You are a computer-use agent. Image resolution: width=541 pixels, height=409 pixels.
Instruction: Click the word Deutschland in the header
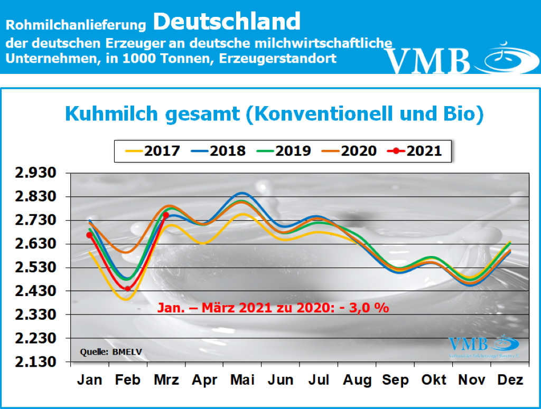pyautogui.click(x=228, y=22)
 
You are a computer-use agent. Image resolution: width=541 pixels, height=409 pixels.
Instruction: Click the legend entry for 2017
pyautogui.click(x=154, y=151)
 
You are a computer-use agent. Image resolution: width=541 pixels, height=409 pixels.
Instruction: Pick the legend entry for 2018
pyautogui.click(x=219, y=151)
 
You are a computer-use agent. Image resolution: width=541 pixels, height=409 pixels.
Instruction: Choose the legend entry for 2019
pyautogui.click(x=285, y=151)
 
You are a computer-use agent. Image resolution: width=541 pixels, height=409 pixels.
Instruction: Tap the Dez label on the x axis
pyautogui.click(x=511, y=380)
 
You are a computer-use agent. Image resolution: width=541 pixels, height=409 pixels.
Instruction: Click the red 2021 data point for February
pyautogui.click(x=127, y=288)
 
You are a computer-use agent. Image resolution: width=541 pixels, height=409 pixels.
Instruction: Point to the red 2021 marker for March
pyautogui.click(x=166, y=215)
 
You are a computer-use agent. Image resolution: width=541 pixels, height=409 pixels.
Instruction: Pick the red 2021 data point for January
pyautogui.click(x=89, y=235)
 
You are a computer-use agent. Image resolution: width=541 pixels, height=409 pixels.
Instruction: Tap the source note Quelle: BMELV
pyautogui.click(x=104, y=351)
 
